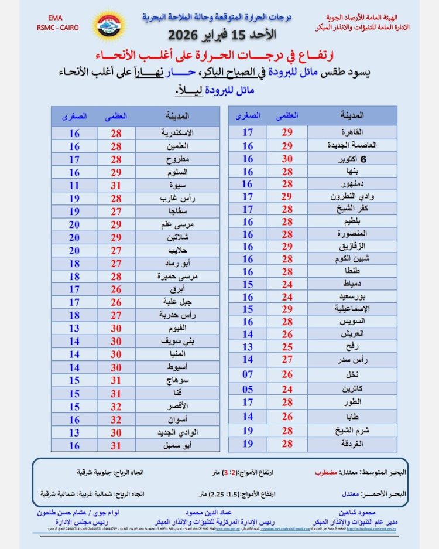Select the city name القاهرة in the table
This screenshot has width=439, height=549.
pos(351,132)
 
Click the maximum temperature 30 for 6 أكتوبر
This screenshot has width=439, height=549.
pos(287,158)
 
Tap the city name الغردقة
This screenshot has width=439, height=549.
pos(351,444)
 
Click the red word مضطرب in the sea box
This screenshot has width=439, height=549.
pos(323,472)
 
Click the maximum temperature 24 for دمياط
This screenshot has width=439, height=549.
pos(287,284)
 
